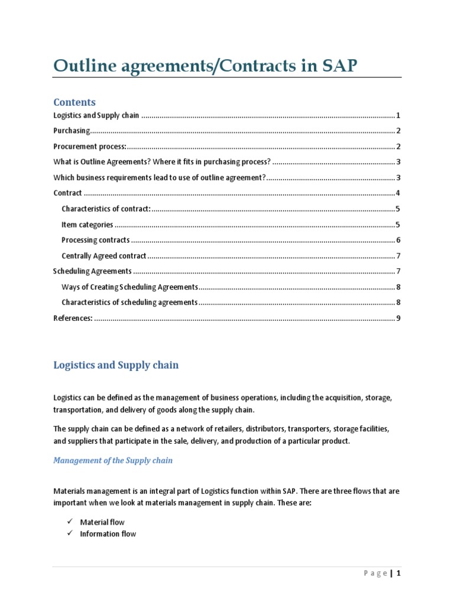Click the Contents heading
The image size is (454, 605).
tap(74, 102)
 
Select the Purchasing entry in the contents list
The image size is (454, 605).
tap(72, 131)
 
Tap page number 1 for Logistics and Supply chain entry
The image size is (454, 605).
tap(399, 115)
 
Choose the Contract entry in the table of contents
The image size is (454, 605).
tap(67, 193)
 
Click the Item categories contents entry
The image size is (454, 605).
tap(87, 225)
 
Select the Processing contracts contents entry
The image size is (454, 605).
tap(95, 240)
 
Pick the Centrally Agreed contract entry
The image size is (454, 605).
tap(103, 256)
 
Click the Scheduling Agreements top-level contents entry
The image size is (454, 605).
tap(92, 271)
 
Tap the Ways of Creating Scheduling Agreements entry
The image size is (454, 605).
tap(129, 287)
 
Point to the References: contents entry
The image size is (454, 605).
tap(73, 318)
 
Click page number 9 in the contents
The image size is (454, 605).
tap(399, 318)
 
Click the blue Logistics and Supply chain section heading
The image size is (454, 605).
tap(116, 365)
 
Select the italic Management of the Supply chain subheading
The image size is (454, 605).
tap(113, 460)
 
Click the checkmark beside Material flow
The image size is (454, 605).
tap(69, 522)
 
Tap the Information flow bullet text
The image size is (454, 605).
tap(108, 534)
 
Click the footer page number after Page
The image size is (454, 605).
tap(399, 573)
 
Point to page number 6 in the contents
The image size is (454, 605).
tap(399, 240)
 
